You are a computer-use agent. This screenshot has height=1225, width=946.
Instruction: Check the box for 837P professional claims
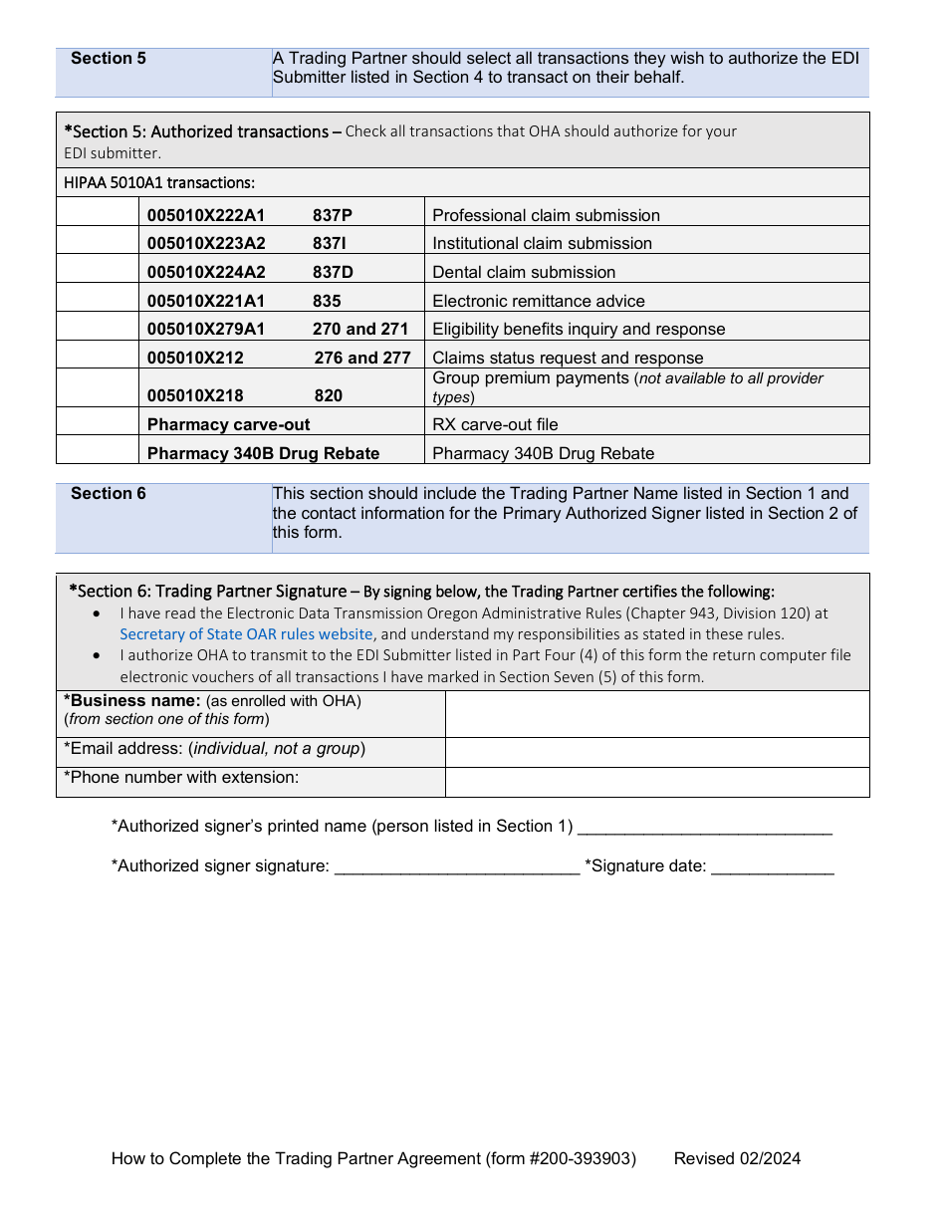point(98,212)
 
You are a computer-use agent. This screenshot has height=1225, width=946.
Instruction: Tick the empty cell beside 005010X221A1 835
point(98,298)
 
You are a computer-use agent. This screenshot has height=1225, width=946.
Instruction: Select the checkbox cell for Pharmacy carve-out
point(98,422)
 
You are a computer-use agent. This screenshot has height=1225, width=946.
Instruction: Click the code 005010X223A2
point(206,244)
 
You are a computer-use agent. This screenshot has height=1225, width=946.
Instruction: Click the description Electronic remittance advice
point(538,301)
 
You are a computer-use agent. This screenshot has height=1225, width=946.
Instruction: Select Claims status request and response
point(568,358)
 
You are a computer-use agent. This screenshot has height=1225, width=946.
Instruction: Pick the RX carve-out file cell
point(495,424)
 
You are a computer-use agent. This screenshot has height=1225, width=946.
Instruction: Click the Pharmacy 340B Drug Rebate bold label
point(263,453)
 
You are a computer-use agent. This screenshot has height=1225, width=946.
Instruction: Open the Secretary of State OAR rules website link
point(246,634)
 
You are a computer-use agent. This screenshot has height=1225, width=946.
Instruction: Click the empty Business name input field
point(656,714)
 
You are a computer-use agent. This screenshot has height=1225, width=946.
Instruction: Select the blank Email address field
point(656,752)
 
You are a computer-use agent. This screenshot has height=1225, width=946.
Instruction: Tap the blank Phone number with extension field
point(656,782)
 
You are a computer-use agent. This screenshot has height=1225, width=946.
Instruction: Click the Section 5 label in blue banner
point(109,59)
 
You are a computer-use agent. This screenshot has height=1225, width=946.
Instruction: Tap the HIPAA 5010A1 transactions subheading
point(159,182)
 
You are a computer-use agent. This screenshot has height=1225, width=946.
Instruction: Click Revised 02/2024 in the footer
point(737,1158)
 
